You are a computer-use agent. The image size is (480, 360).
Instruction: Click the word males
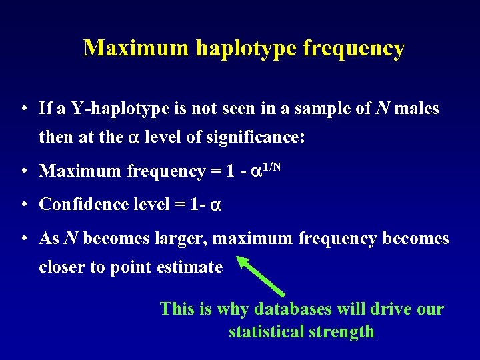click(417, 109)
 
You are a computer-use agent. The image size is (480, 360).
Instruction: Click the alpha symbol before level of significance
click(133, 139)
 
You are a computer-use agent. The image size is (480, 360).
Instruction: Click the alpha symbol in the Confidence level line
click(215, 205)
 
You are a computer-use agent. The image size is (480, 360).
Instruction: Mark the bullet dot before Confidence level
click(23, 205)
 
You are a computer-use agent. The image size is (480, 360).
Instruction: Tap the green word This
click(175, 309)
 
